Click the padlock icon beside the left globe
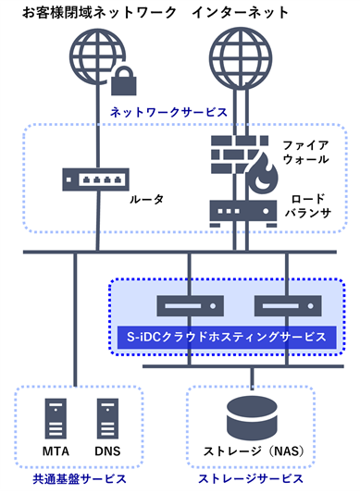coord(123,85)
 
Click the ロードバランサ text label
coord(309,207)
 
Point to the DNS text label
coord(108,452)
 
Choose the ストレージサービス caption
coord(251,478)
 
